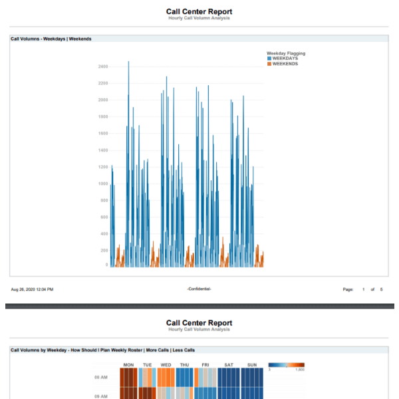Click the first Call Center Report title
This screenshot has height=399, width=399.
coord(199,11)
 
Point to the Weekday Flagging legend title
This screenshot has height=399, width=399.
coord(286,53)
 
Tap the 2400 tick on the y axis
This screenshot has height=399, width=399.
coord(102,66)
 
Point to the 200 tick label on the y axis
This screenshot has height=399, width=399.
coord(104,251)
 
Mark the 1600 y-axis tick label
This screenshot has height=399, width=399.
coord(102,134)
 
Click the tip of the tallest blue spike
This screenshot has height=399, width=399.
coord(128,62)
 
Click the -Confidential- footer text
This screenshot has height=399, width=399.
coord(199,289)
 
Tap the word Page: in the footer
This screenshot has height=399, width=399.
coord(348,289)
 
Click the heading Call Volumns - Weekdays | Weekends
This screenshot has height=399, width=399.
coord(51,39)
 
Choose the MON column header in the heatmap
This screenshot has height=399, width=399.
coord(129,364)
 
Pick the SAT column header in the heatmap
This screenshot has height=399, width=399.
coord(229,364)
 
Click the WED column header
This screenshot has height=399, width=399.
coord(166,364)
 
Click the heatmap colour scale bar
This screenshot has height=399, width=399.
coord(286,364)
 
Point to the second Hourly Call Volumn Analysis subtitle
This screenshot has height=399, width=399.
coord(199,329)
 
